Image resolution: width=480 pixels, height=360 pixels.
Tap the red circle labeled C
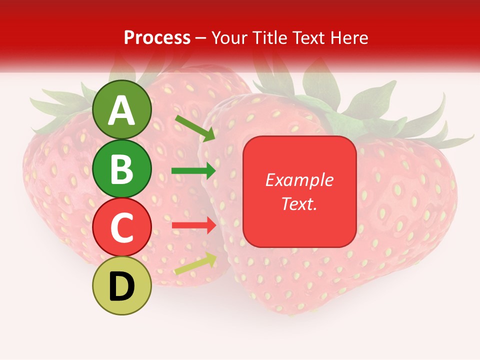[122, 227]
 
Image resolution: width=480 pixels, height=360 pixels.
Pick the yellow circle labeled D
[122, 285]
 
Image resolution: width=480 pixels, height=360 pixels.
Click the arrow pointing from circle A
[195, 128]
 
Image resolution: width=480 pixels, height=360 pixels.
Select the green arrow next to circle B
[193, 170]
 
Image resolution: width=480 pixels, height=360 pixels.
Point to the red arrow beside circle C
[194, 225]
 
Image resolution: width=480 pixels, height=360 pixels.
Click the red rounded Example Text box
[299, 191]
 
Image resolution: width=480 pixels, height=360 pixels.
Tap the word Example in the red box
[299, 180]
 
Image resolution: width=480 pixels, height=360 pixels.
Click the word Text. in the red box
[299, 203]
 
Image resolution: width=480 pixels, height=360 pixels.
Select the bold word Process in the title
[157, 37]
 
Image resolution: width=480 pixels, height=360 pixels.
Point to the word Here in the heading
[349, 37]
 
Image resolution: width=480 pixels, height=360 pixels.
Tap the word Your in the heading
[229, 37]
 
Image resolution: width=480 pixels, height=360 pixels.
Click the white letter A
[122, 110]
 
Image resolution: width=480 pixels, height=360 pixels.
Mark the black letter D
[122, 286]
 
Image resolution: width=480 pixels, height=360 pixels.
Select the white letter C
[122, 227]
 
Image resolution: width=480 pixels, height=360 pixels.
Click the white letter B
[122, 169]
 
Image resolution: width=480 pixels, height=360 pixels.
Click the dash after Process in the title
[201, 38]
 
